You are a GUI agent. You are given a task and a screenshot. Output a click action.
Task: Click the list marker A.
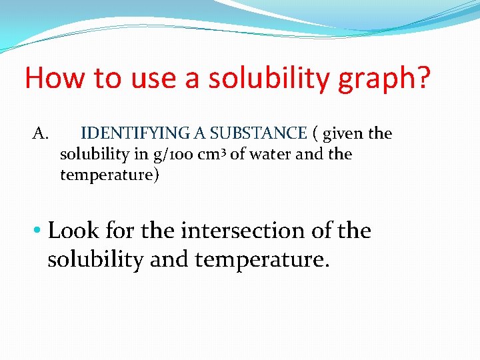[x=41, y=134]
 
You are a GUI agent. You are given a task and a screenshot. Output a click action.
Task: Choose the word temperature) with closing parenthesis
[x=110, y=175]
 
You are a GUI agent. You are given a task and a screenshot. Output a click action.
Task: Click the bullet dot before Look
[x=39, y=231]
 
